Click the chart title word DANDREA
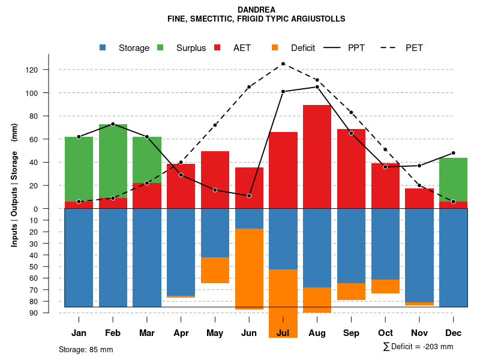coord(256,10)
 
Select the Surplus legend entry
coord(191,48)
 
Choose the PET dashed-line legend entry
coord(414,48)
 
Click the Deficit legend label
coord(303,48)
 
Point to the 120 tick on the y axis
coord(32,70)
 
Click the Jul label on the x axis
coord(283,333)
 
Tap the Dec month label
coord(453,333)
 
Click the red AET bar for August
coord(317,157)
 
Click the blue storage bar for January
coord(79,257)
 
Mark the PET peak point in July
coord(283,64)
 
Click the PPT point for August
coord(317,87)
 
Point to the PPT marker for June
coord(249,196)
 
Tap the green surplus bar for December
coord(453,179)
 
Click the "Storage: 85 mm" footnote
coord(86,349)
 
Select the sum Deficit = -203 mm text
coord(418,347)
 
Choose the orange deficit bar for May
coord(215,270)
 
